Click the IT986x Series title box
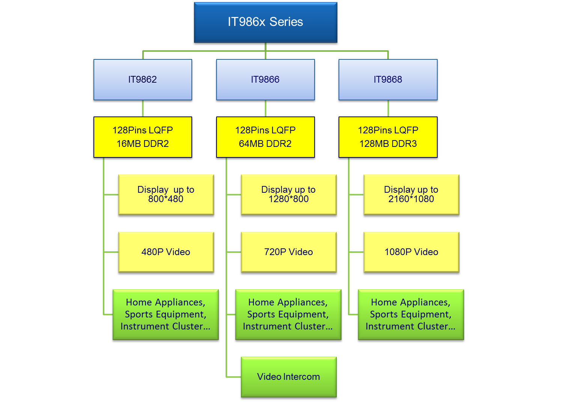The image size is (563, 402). click(265, 23)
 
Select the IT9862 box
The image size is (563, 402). click(143, 80)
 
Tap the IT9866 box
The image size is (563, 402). click(265, 80)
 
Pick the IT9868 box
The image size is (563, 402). click(388, 80)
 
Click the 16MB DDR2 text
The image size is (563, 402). click(143, 144)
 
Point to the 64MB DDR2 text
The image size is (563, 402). click(265, 144)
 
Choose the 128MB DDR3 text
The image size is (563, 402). click(388, 144)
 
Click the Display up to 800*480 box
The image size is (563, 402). click(166, 195)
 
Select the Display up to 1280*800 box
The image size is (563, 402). click(289, 195)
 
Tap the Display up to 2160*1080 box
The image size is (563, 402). click(411, 195)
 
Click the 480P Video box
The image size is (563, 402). click(166, 252)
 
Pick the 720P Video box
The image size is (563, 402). click(289, 252)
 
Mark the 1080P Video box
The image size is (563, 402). click(411, 252)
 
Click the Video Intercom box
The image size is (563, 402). click(289, 377)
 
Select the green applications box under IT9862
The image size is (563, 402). click(166, 315)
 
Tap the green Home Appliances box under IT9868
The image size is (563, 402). click(411, 315)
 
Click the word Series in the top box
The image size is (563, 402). click(286, 22)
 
